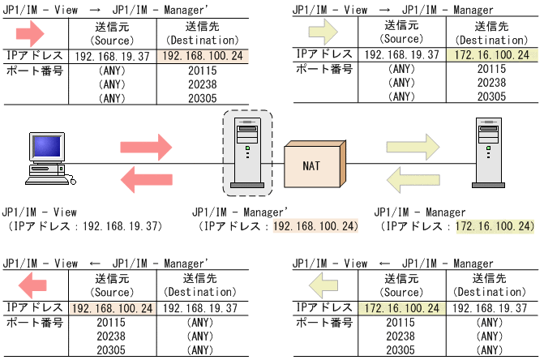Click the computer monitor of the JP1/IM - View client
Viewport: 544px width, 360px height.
pyautogui.click(x=47, y=148)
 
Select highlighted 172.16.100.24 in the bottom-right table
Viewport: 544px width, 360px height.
pyautogui.click(x=401, y=308)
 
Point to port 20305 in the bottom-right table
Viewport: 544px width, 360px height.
pyautogui.click(x=401, y=350)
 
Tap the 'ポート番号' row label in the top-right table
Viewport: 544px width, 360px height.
pyautogui.click(x=322, y=70)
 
